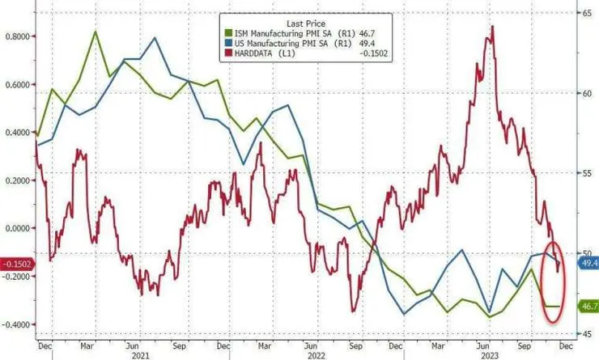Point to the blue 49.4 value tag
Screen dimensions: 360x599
(x=587, y=263)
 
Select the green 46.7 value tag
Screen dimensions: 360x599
(x=587, y=306)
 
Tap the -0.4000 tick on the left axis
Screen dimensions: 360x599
(x=17, y=324)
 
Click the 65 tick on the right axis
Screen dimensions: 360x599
(x=581, y=13)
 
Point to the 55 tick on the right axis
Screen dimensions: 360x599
(x=581, y=173)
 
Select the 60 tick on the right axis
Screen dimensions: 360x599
(x=581, y=93)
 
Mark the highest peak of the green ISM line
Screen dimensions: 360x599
(x=96, y=32)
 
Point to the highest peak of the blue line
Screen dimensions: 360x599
(x=154, y=38)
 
